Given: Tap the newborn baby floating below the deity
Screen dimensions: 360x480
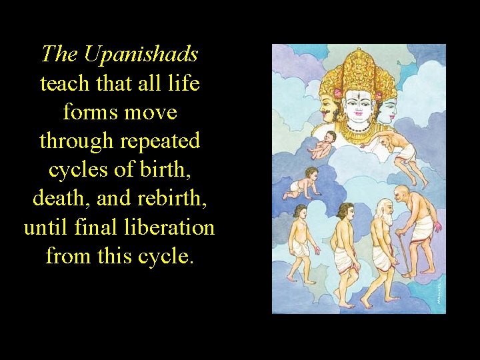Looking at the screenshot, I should pos(323,144).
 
